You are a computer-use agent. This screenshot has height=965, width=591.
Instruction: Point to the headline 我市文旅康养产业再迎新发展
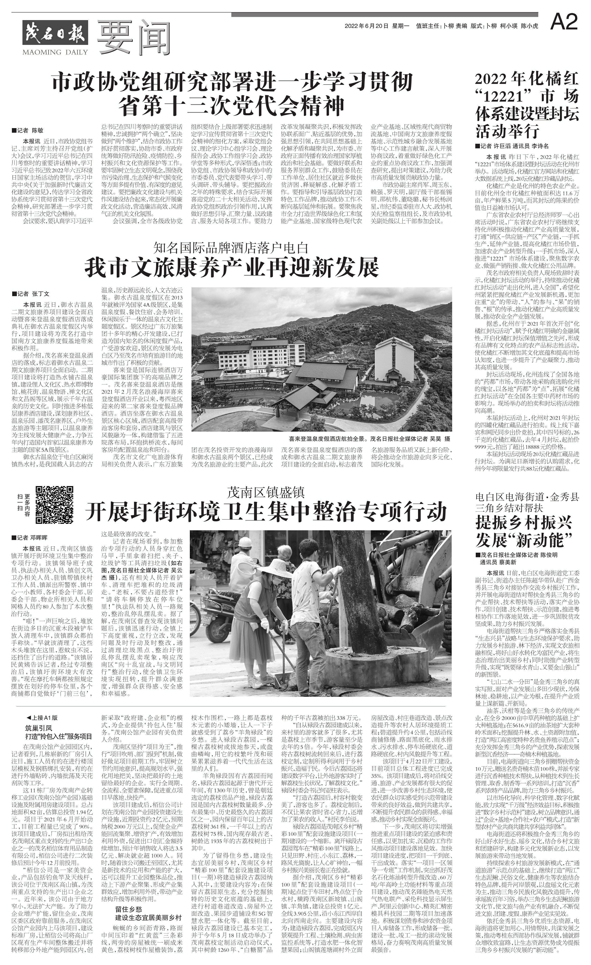(x=232, y=267)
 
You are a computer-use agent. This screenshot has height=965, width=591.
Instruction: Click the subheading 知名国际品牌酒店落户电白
(x=232, y=248)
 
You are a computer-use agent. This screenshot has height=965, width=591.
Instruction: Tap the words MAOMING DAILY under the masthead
(x=50, y=52)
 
